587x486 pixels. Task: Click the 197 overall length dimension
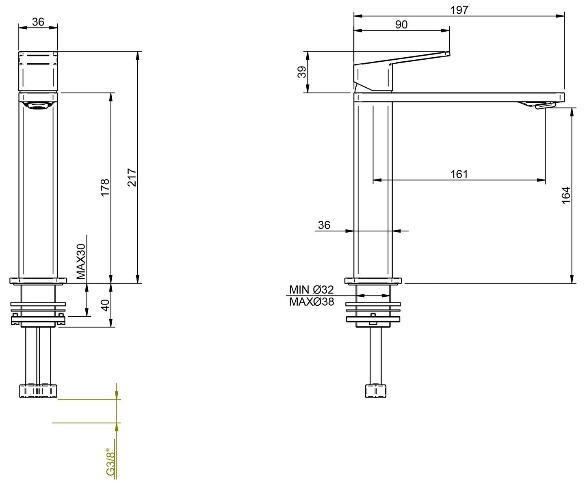pos(459,10)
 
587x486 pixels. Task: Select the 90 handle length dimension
pos(401,24)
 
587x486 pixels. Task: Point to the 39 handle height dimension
pos(302,72)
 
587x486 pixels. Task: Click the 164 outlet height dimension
pos(566,195)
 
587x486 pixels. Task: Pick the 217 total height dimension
pos(132,177)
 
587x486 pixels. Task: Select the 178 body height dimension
pos(105,187)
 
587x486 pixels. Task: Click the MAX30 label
pos(81,261)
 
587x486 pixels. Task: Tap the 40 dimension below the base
pos(105,305)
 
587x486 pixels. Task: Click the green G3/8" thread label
pos(110,462)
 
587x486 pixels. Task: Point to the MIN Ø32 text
pos(311,289)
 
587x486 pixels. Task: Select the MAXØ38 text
pos(311,302)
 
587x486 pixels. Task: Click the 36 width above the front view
pos(38,22)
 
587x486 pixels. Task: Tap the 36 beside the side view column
pos(324,225)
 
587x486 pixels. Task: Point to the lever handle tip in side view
pos(447,54)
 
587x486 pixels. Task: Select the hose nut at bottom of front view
pos(38,391)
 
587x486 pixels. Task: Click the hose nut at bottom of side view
pos(375,391)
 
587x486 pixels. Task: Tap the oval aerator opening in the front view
pos(38,106)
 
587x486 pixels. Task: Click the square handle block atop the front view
pos(38,71)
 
